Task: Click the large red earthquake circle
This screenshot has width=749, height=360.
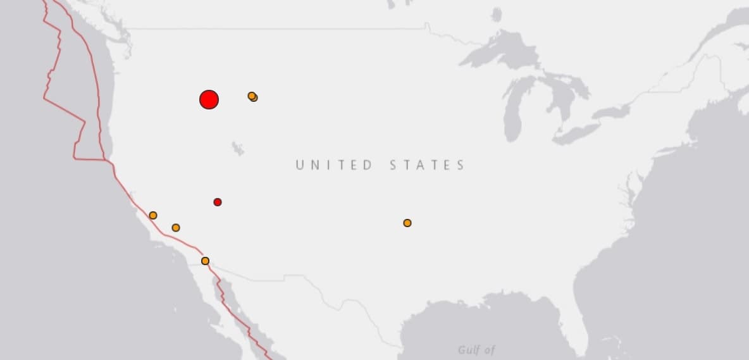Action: pyautogui.click(x=209, y=99)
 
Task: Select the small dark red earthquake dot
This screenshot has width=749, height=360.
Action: pyautogui.click(x=218, y=202)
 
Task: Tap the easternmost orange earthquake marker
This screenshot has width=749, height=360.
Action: pyautogui.click(x=407, y=223)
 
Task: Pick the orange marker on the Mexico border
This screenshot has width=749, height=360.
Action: pyautogui.click(x=205, y=261)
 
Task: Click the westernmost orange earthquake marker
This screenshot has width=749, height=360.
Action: pyautogui.click(x=153, y=215)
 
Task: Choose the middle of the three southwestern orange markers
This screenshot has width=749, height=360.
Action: pyautogui.click(x=176, y=227)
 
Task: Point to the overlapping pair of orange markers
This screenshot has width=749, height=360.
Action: pyautogui.click(x=252, y=96)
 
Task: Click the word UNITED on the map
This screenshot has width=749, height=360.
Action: pyautogui.click(x=334, y=165)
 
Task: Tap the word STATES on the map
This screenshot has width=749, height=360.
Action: pyautogui.click(x=427, y=165)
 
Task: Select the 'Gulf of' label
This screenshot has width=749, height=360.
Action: pyautogui.click(x=476, y=349)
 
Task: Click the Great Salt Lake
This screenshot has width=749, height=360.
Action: pyautogui.click(x=238, y=149)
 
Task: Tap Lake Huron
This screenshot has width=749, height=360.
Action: pyautogui.click(x=560, y=95)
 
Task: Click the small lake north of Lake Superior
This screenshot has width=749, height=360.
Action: pyautogui.click(x=497, y=14)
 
